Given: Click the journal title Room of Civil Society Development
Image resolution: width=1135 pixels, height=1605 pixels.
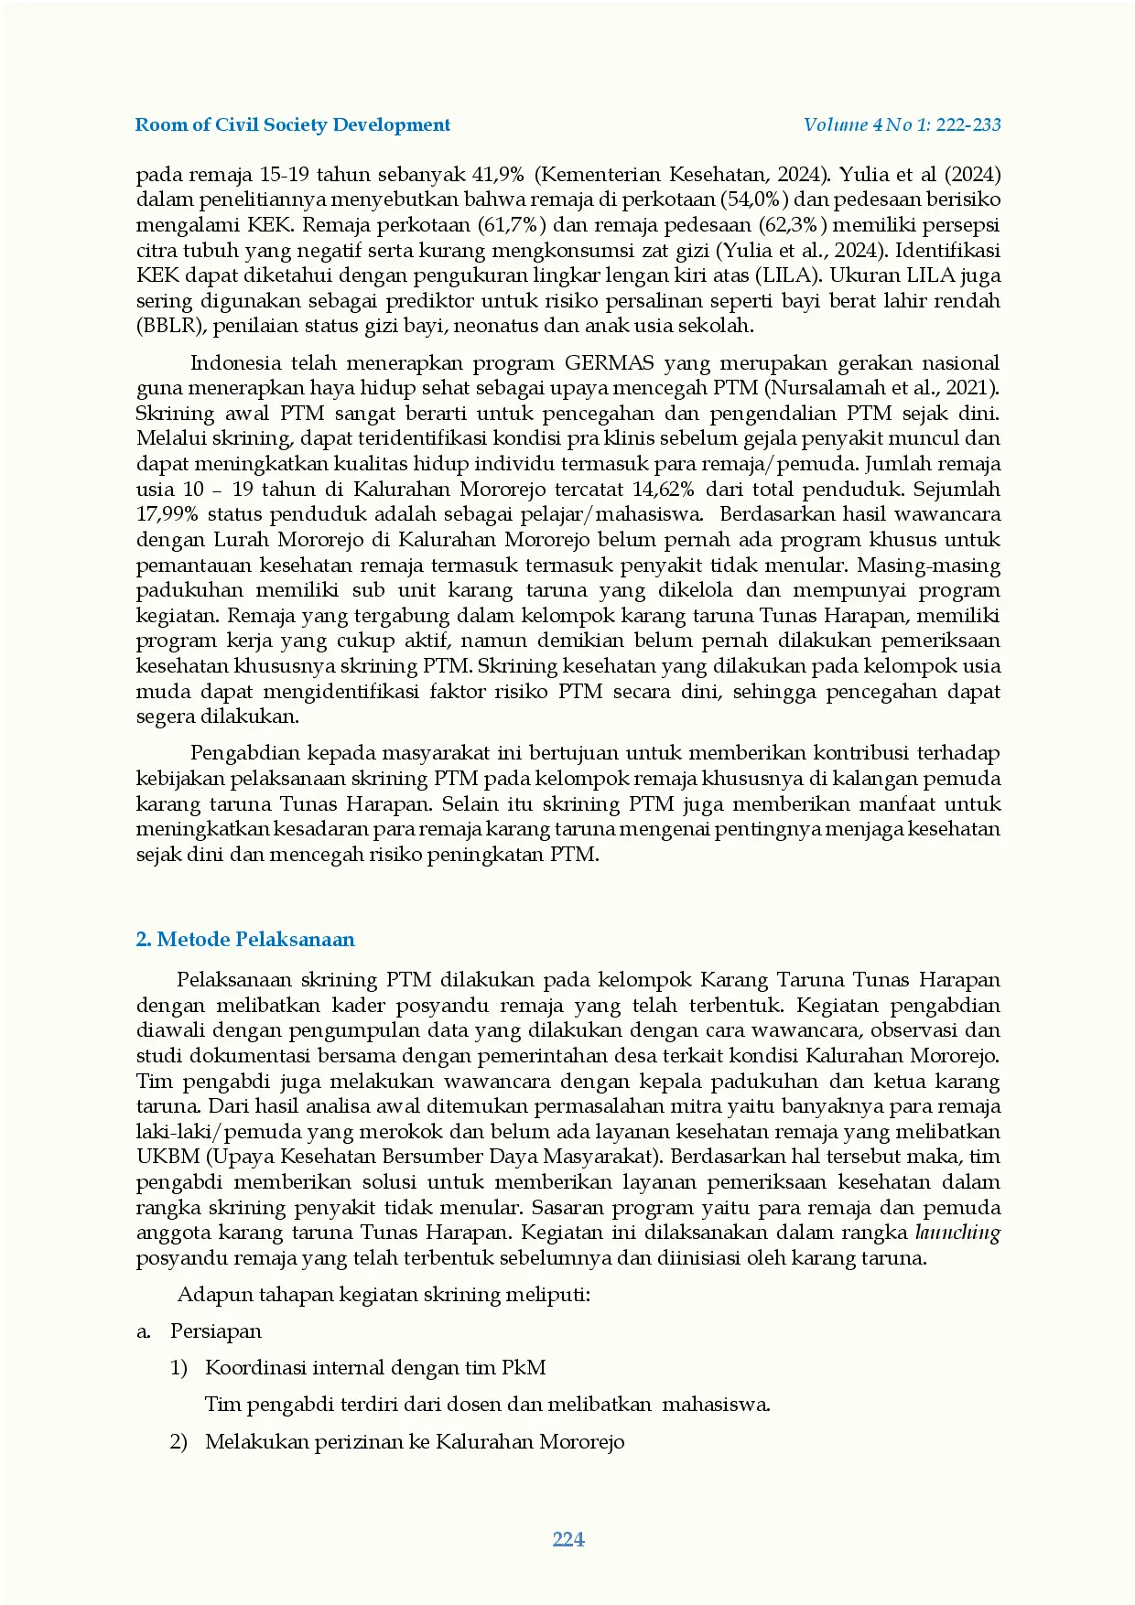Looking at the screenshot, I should click(x=292, y=125).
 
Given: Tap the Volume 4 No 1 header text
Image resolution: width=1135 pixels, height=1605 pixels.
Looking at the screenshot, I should click(x=902, y=125).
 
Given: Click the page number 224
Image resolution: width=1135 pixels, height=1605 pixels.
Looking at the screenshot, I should click(x=568, y=1539).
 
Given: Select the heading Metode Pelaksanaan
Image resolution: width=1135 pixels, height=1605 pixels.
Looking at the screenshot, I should click(x=245, y=940).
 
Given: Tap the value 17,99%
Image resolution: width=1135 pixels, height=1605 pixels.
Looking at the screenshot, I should click(x=167, y=514).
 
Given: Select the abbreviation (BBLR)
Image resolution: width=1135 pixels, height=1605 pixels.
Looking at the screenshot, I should click(x=165, y=326).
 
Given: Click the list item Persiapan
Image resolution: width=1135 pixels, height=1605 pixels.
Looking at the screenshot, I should click(x=216, y=1331).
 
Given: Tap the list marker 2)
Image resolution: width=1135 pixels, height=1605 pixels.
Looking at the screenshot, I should click(x=178, y=1442).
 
